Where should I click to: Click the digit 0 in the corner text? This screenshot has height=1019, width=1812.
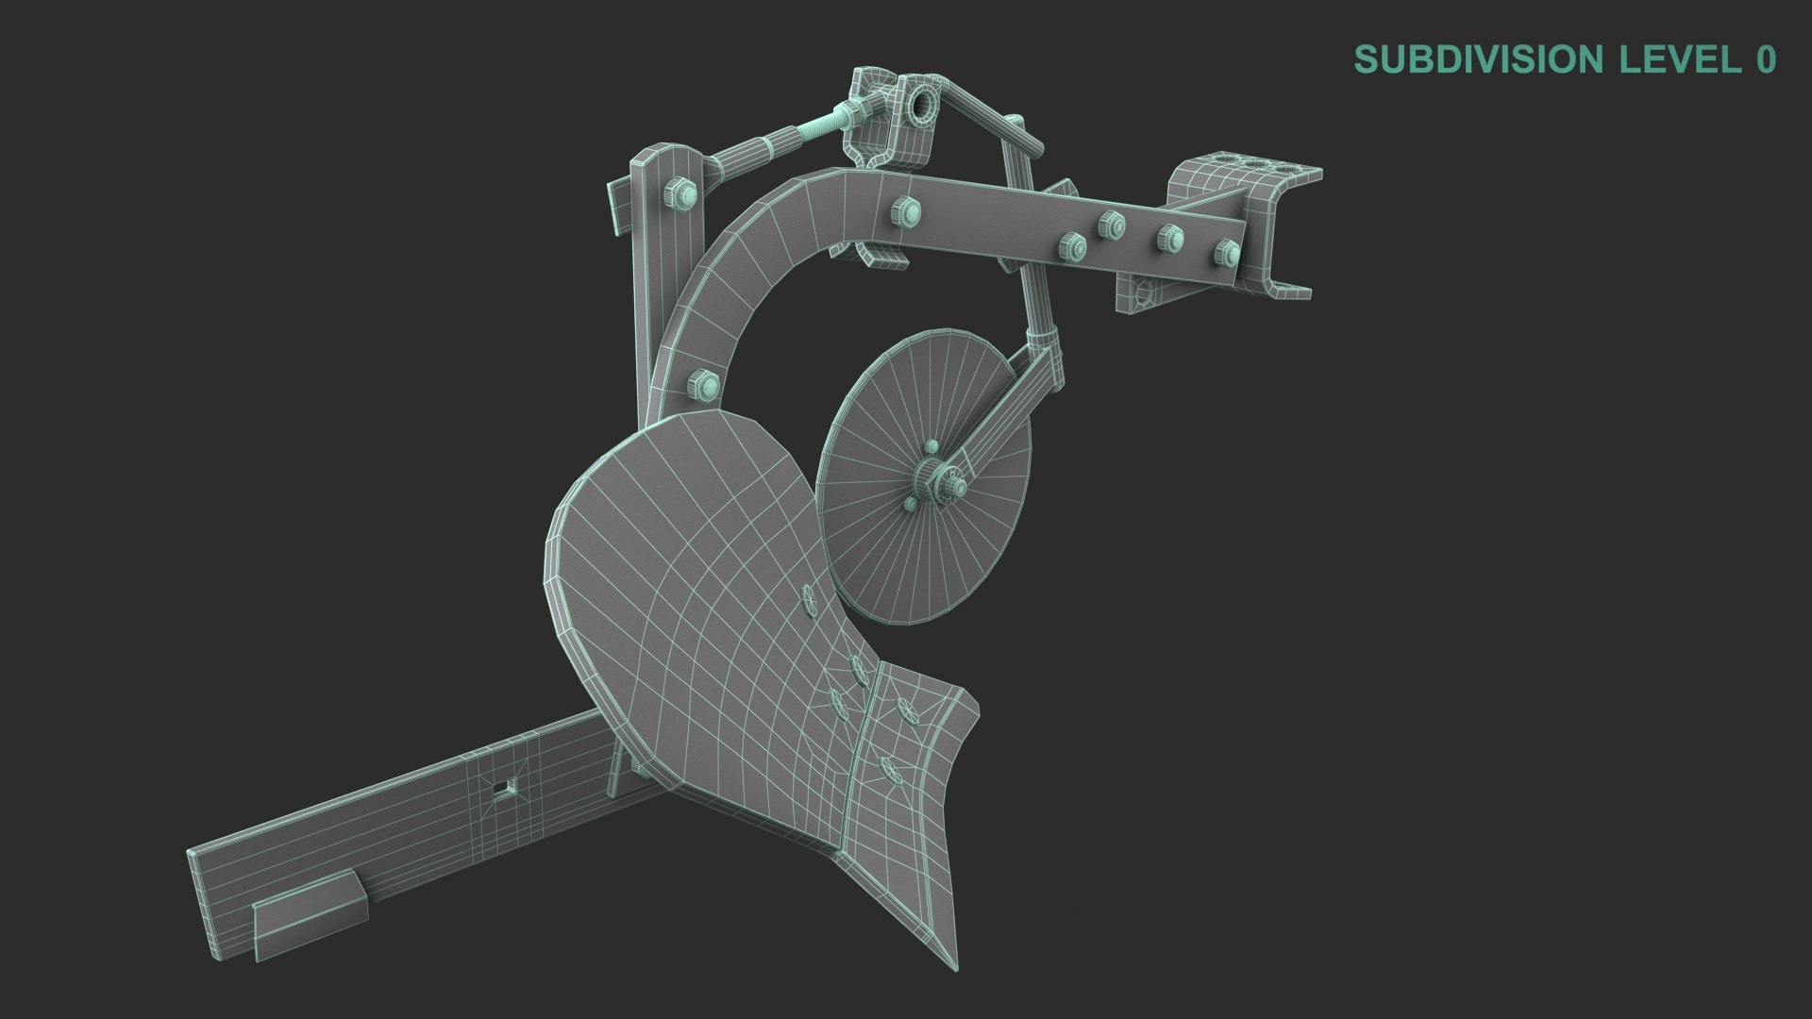pos(1766,59)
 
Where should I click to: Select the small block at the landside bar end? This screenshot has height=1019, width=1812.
pos(308,911)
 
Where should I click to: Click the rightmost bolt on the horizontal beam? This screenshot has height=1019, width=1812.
pos(1227,252)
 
